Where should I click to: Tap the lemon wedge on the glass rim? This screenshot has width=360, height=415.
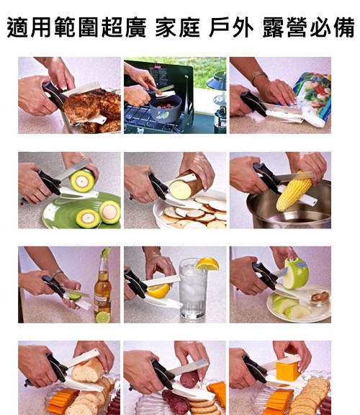coord(208,264)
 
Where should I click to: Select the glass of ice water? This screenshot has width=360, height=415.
coord(193,289)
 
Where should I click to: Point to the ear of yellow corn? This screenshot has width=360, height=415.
coord(294,191)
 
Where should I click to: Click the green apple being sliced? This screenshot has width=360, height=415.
coord(296,273)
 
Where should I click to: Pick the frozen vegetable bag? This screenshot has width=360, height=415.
coord(313,99)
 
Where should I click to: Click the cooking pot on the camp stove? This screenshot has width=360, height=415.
coord(166,109)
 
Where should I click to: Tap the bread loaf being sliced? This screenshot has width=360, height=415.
coord(88,370)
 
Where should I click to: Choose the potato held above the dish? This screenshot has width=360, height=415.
coord(186,185)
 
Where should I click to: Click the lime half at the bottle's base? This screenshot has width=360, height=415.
coord(103,317)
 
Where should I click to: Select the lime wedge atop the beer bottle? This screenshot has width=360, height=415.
coord(106,252)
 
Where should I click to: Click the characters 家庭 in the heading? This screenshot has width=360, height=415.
coord(177,27)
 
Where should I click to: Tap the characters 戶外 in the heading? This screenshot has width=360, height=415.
coord(231,27)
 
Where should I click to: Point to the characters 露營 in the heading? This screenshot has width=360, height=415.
coord(285,27)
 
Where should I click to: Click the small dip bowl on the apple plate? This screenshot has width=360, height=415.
coord(320,298)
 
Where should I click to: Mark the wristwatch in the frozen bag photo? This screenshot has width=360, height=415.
coord(258,76)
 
